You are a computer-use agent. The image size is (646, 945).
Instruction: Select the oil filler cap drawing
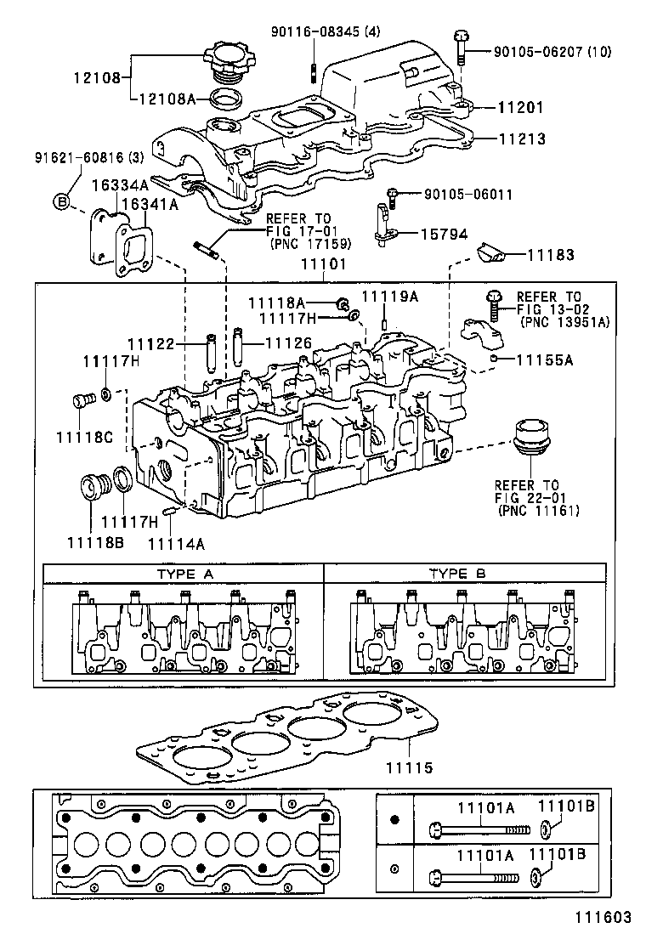228,63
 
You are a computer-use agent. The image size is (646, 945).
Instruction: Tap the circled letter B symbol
61,201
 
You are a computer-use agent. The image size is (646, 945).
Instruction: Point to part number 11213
520,139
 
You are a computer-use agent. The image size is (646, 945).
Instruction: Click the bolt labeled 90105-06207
462,48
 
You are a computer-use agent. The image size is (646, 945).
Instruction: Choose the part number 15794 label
444,232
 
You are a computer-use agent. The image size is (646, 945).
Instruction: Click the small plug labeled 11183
492,252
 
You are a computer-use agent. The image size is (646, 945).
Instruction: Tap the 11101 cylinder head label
320,265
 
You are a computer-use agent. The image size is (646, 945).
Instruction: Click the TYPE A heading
184,574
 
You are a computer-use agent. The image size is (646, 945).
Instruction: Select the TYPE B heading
457,574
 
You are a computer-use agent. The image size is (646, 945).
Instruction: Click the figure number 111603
600,917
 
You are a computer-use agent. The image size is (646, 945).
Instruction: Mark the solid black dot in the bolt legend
394,820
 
